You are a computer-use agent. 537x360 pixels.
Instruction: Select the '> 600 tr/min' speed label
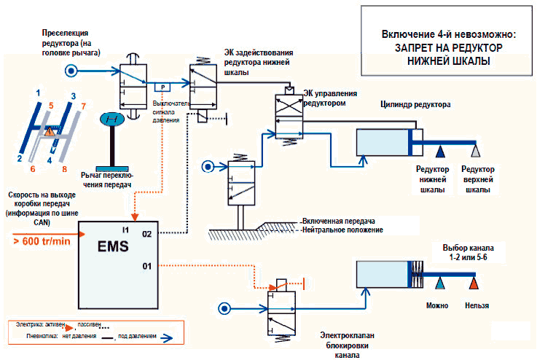point(42,242)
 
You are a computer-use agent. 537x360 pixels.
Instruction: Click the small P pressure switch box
point(162,88)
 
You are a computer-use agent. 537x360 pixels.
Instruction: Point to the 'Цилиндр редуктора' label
point(415,104)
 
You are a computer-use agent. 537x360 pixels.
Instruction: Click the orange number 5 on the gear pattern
point(51,106)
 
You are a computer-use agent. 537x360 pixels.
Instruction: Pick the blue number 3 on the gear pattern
point(73,95)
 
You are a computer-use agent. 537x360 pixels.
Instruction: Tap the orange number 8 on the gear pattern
point(64,169)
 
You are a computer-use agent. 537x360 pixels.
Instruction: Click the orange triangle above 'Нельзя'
point(474,281)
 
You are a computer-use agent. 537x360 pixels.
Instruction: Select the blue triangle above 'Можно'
point(442,281)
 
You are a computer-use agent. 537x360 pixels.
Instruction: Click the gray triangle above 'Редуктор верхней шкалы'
point(475,152)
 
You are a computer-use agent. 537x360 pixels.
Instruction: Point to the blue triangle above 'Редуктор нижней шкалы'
point(442,152)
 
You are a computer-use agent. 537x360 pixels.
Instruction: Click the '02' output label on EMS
point(146,234)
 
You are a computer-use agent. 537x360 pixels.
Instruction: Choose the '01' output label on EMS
point(146,266)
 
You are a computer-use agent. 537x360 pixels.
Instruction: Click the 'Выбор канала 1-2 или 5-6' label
point(462,253)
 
